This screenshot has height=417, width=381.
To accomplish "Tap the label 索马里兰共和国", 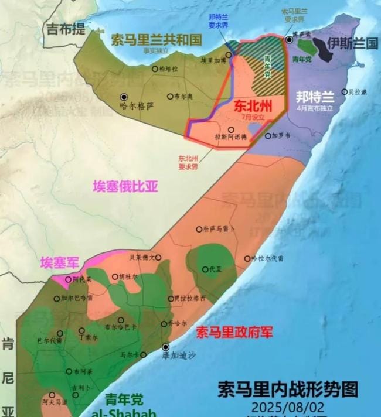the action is click(157, 40).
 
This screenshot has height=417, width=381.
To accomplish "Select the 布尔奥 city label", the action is click(182, 96).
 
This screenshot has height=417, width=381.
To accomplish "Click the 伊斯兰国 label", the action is click(353, 43).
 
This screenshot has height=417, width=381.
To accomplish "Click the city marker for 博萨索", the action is click(290, 40).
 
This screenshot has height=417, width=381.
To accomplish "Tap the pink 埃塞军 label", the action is click(60, 263).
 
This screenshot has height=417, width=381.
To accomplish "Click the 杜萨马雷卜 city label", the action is click(219, 228).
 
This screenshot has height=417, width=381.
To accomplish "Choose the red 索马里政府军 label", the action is click(234, 333).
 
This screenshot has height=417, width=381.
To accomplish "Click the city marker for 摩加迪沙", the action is click(166, 347).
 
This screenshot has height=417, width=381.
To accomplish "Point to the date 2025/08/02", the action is click(287, 406).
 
